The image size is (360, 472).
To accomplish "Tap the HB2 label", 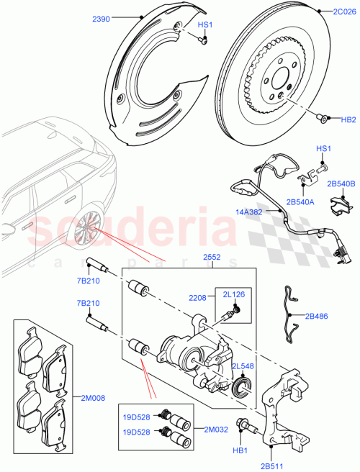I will pyautogui.click(x=348, y=120).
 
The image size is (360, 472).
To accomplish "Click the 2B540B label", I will pyautogui.click(x=341, y=185).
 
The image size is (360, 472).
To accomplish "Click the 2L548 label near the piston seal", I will pyautogui.click(x=243, y=366).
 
